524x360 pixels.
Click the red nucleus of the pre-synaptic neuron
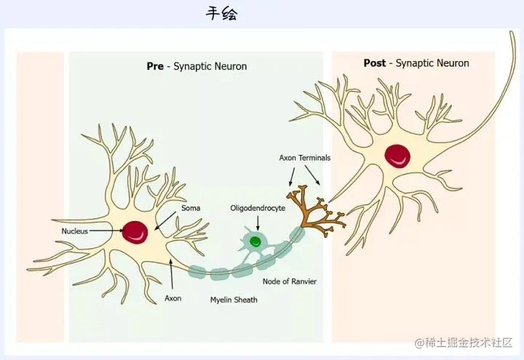pyautogui.click(x=135, y=232)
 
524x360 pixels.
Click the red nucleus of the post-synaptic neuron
pyautogui.click(x=397, y=154)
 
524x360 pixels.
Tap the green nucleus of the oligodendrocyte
pyautogui.click(x=255, y=241)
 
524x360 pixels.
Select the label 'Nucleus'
pyautogui.click(x=74, y=231)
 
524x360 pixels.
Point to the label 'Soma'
pyautogui.click(x=191, y=209)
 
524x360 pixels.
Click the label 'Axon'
pyautogui.click(x=173, y=298)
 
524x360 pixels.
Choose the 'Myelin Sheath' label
pyautogui.click(x=234, y=300)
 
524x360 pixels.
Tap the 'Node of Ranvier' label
pyautogui.click(x=290, y=281)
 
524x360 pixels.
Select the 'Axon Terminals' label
pyautogui.click(x=305, y=158)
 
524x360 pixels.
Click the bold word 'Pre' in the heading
pyautogui.click(x=155, y=66)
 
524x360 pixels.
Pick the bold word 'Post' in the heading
pyautogui.click(x=375, y=63)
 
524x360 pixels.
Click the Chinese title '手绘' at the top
pyautogui.click(x=221, y=14)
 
